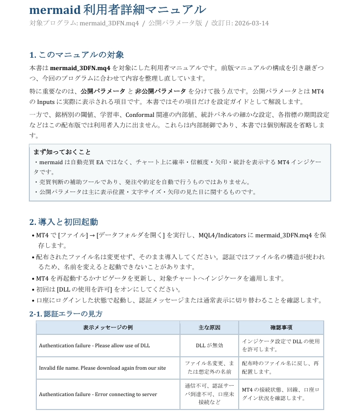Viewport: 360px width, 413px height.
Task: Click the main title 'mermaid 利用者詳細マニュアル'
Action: [117, 9]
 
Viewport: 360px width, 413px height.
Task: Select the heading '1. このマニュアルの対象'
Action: [77, 55]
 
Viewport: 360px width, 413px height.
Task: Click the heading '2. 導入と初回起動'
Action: [64, 222]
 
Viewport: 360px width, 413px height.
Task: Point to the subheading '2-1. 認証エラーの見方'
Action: [66, 313]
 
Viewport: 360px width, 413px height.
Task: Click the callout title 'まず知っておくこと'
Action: [62, 152]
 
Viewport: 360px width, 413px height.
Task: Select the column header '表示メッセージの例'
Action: [108, 327]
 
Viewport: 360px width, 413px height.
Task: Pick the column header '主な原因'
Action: [209, 327]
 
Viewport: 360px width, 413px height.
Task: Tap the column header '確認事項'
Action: [281, 327]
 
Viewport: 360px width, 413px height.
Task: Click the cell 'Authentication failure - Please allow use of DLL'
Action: [94, 345]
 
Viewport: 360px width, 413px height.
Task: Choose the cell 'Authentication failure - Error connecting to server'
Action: [98, 394]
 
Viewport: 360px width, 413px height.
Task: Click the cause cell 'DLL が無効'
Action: [209, 345]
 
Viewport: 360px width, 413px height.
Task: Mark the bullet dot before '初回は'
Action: [33, 290]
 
